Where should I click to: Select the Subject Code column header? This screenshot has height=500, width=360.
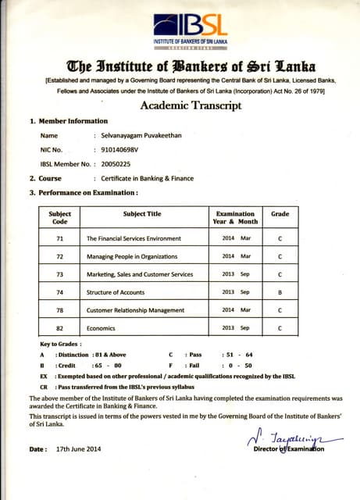(60, 217)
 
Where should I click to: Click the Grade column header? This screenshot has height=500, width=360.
(280, 213)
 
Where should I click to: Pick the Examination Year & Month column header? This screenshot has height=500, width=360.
(235, 217)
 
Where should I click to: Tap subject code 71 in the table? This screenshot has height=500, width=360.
(60, 237)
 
